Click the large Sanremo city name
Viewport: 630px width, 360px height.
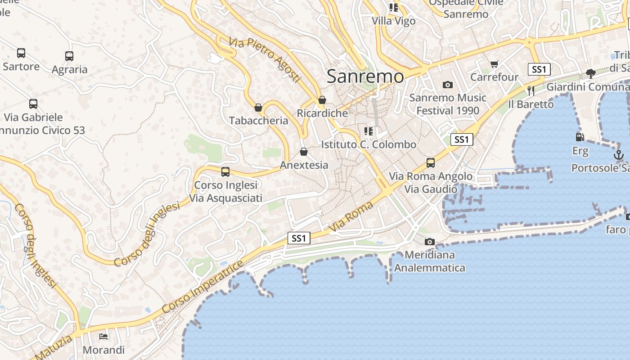(x=365, y=76)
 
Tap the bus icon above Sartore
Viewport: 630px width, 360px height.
(x=21, y=53)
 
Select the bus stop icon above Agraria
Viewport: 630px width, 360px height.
(x=69, y=56)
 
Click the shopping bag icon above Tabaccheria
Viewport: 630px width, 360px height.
(x=258, y=108)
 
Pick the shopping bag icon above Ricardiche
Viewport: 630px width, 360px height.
(x=322, y=100)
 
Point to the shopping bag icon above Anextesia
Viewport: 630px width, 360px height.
(x=304, y=152)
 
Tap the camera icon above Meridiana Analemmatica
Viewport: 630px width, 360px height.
(x=430, y=242)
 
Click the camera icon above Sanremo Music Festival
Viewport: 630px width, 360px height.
(x=447, y=85)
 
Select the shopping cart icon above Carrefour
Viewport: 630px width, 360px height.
(x=495, y=64)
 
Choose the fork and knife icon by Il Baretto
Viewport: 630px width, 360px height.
(x=531, y=90)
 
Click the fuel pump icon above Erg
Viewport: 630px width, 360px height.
(x=580, y=137)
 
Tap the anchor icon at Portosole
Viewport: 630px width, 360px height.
(x=619, y=155)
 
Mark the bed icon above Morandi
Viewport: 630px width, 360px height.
(x=103, y=337)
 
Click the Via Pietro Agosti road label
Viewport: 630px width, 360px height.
(x=264, y=60)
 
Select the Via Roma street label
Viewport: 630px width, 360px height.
(x=351, y=217)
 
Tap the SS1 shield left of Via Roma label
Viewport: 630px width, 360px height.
(x=299, y=238)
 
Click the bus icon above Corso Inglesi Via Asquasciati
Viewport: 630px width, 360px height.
(x=225, y=172)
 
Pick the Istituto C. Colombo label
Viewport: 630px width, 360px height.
(x=369, y=144)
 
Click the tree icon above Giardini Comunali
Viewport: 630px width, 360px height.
(x=591, y=73)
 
